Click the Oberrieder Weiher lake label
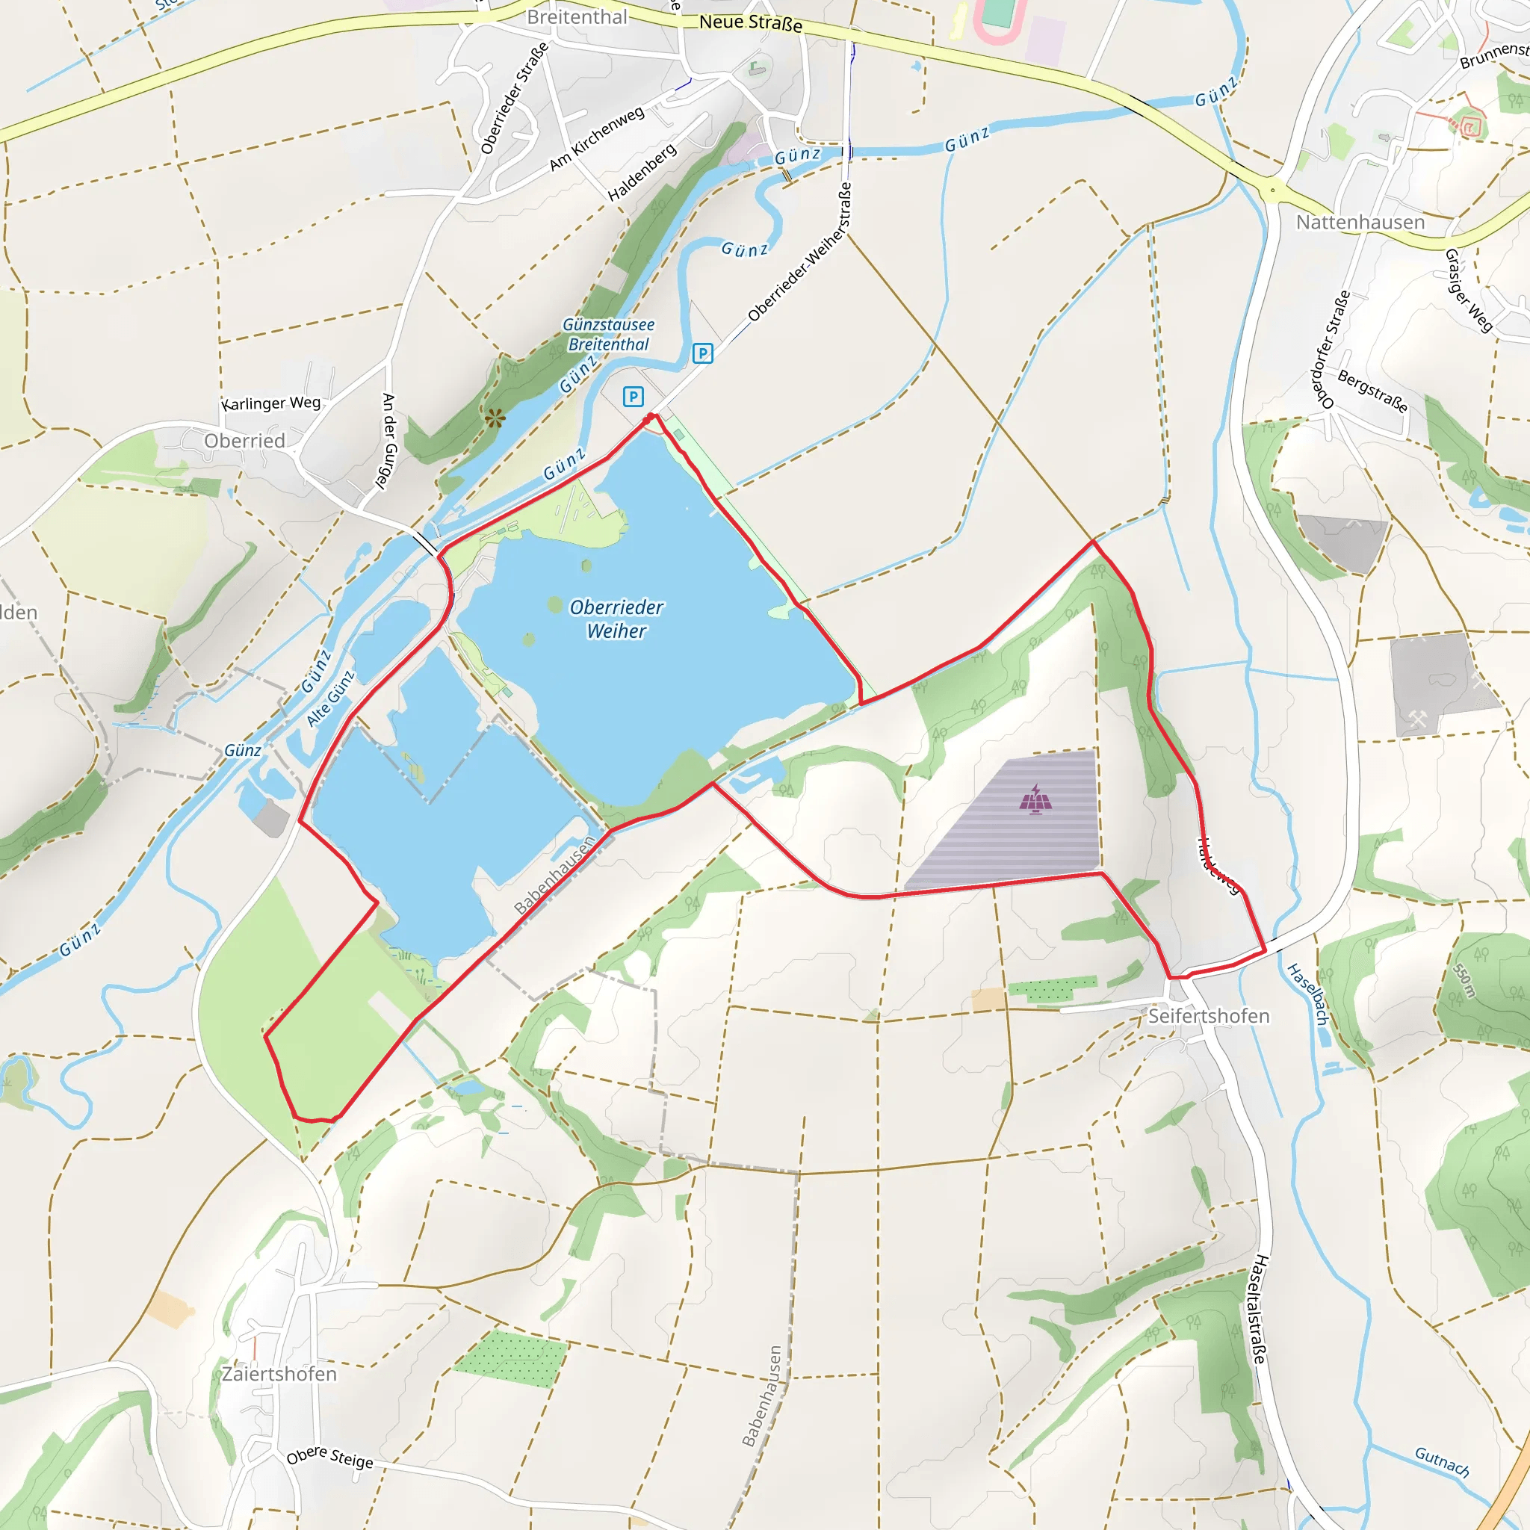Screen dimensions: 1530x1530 click(x=616, y=619)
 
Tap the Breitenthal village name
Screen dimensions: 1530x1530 click(x=577, y=16)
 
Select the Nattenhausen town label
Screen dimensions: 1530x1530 click(x=1360, y=223)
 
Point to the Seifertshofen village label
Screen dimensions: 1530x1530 click(x=1209, y=1016)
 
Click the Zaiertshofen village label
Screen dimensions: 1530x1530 click(x=279, y=1374)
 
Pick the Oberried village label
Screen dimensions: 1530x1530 click(x=245, y=441)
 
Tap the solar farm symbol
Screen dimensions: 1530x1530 click(x=1036, y=799)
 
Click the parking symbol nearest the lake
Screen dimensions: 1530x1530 click(x=633, y=396)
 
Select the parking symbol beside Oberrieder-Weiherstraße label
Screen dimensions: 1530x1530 click(x=702, y=353)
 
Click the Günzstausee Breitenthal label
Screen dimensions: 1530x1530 click(x=608, y=334)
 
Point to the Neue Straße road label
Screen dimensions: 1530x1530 click(x=751, y=23)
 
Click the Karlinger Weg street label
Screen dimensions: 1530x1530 click(x=271, y=403)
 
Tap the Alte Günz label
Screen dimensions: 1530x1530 click(x=330, y=699)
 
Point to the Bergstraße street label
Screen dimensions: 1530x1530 click(x=1372, y=391)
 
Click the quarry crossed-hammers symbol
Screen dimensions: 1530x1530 click(x=1416, y=720)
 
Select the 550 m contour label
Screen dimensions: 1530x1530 click(x=1464, y=980)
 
